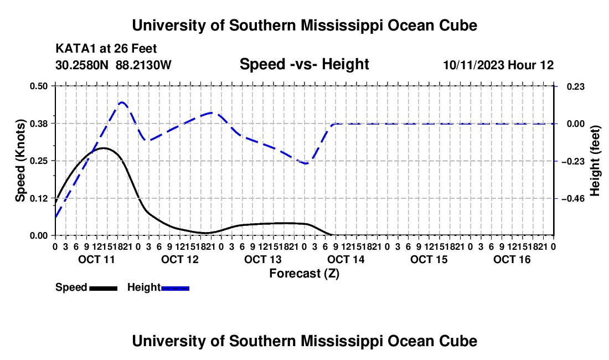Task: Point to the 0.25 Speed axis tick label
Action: (38, 161)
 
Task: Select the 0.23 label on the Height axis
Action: (576, 86)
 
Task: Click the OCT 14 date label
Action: (346, 259)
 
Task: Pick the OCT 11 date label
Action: (97, 259)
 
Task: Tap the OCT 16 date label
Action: (512, 259)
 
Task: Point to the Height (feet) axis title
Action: (595, 161)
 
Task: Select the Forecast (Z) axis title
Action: (304, 274)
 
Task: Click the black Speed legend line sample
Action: (104, 289)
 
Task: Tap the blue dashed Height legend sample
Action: (175, 289)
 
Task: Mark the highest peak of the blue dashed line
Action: (122, 102)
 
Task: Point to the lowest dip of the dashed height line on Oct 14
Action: (306, 163)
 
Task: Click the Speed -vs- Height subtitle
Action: (304, 64)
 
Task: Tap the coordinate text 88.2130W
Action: (143, 65)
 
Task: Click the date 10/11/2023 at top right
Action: (474, 65)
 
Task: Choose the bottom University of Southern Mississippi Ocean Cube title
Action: (304, 341)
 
